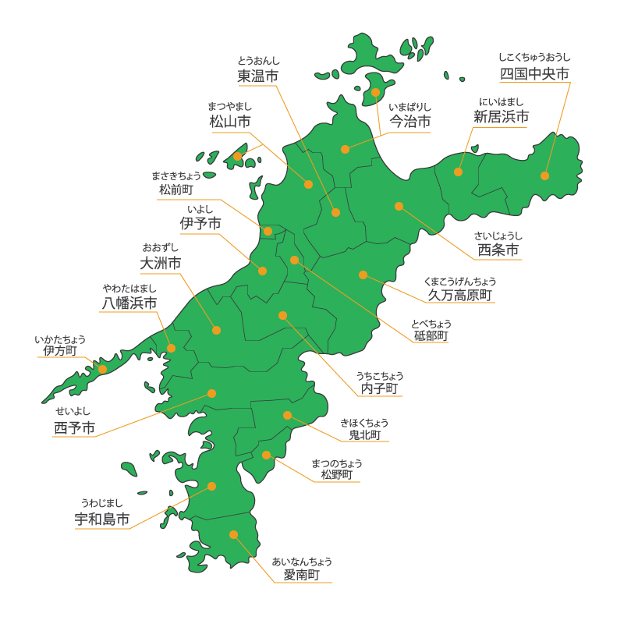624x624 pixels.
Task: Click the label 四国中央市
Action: [534, 74]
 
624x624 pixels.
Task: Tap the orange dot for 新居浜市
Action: [459, 172]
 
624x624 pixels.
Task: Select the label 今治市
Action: [410, 122]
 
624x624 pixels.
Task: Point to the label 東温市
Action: [258, 76]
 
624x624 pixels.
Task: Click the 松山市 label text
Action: [230, 122]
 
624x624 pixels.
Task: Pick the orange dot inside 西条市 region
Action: [399, 206]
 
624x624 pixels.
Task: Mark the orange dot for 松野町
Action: [266, 455]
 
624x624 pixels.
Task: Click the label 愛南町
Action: [302, 575]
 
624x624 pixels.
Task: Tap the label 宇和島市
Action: [102, 519]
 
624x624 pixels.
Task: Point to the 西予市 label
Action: [75, 428]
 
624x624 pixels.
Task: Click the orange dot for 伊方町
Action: [102, 369]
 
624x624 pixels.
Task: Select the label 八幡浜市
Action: [129, 303]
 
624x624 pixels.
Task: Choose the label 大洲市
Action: [161, 264]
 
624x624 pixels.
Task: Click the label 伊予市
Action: [200, 224]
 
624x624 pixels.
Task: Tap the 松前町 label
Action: [176, 190]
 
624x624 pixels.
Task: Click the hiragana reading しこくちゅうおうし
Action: [534, 57]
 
